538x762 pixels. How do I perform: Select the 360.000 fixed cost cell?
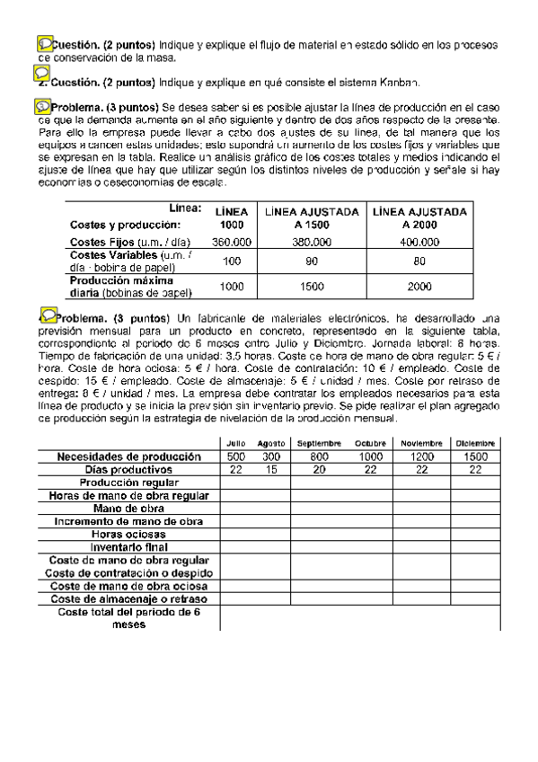click(x=232, y=242)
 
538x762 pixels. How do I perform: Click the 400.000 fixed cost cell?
click(x=419, y=242)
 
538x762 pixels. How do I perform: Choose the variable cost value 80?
click(x=419, y=261)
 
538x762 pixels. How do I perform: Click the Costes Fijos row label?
click(x=113, y=242)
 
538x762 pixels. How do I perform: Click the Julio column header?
click(x=236, y=444)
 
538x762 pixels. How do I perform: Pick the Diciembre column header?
click(x=476, y=444)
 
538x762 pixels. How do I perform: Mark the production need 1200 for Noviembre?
click(x=421, y=456)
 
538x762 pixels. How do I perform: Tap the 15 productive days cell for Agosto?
click(x=271, y=469)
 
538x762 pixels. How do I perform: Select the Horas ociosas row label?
click(x=127, y=533)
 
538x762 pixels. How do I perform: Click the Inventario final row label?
click(x=127, y=545)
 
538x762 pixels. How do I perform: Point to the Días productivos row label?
click(x=127, y=469)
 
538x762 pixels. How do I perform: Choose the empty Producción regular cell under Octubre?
click(x=369, y=483)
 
